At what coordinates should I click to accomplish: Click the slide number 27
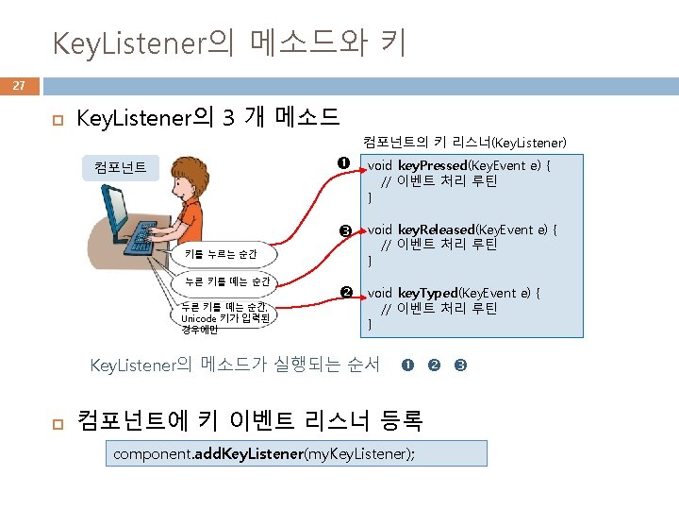click(x=19, y=86)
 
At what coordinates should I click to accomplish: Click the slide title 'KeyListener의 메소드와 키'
click(x=229, y=42)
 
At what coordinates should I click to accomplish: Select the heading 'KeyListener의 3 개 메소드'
click(x=207, y=119)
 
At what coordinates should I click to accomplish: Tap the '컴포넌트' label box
click(x=120, y=167)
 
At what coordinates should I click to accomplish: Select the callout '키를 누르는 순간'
click(x=221, y=254)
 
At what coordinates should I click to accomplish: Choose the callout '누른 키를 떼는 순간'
click(x=227, y=280)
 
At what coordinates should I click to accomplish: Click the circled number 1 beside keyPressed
click(x=345, y=162)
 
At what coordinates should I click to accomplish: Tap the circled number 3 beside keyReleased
click(x=345, y=230)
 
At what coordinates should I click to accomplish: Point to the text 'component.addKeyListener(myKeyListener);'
click(x=263, y=453)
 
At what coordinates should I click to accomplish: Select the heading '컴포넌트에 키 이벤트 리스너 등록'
click(x=249, y=419)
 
